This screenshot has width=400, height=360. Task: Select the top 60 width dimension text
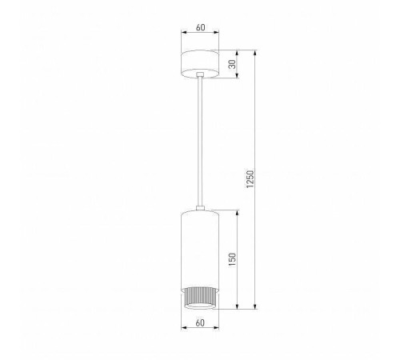pyautogui.click(x=200, y=28)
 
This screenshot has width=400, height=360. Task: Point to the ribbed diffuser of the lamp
pyautogui.click(x=200, y=295)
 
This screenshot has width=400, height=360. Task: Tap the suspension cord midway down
pyautogui.click(x=200, y=144)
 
